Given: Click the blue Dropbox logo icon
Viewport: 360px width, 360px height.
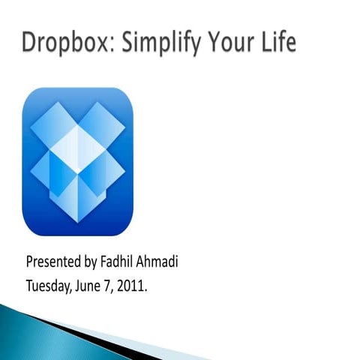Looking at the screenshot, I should click(x=77, y=162).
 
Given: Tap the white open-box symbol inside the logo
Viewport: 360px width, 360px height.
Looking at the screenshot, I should click(x=77, y=162).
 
